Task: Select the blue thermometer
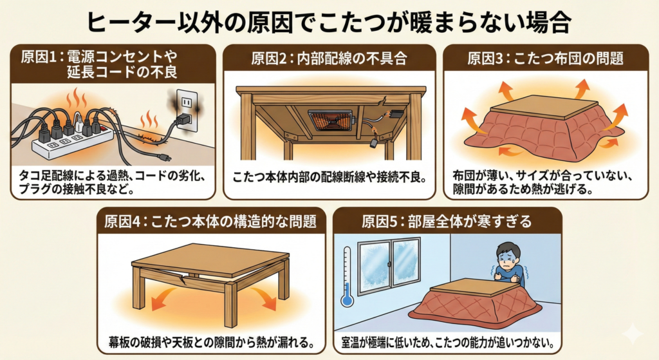(x=347, y=276)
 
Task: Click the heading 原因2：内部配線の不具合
(x=329, y=58)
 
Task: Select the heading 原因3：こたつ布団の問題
(x=546, y=58)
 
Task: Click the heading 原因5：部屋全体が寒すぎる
(x=447, y=221)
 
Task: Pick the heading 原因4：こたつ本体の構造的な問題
(x=210, y=221)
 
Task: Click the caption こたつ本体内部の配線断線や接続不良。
(x=329, y=177)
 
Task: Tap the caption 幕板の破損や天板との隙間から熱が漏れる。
(x=211, y=342)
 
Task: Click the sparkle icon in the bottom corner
(x=632, y=334)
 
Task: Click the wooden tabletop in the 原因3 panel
(x=545, y=106)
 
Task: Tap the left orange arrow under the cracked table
(x=160, y=299)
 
